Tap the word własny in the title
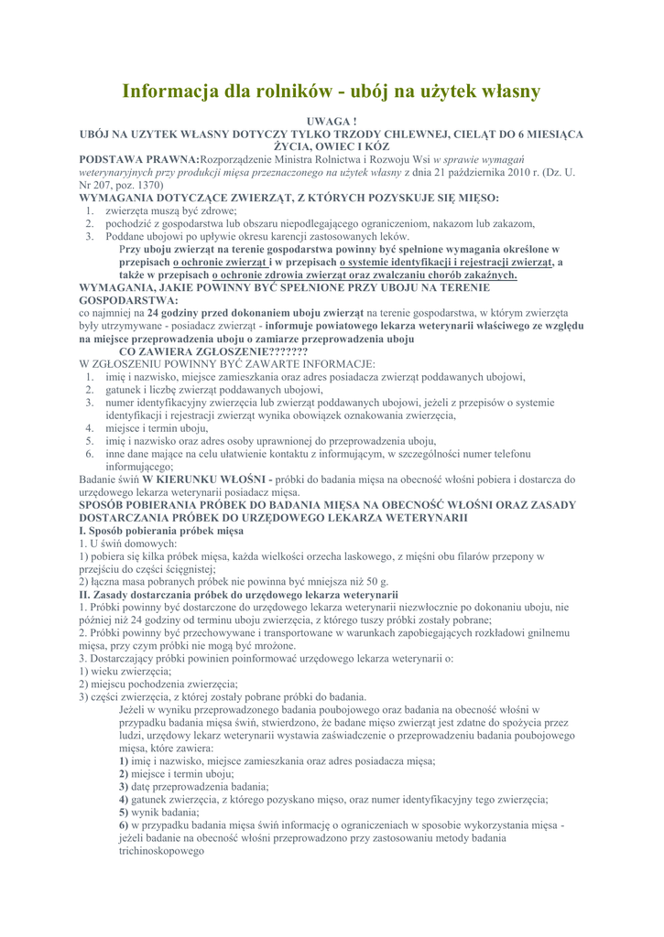pos(503,92)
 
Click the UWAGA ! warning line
pos(331,121)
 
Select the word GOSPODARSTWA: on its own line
pos(130,299)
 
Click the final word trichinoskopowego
pos(160,850)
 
